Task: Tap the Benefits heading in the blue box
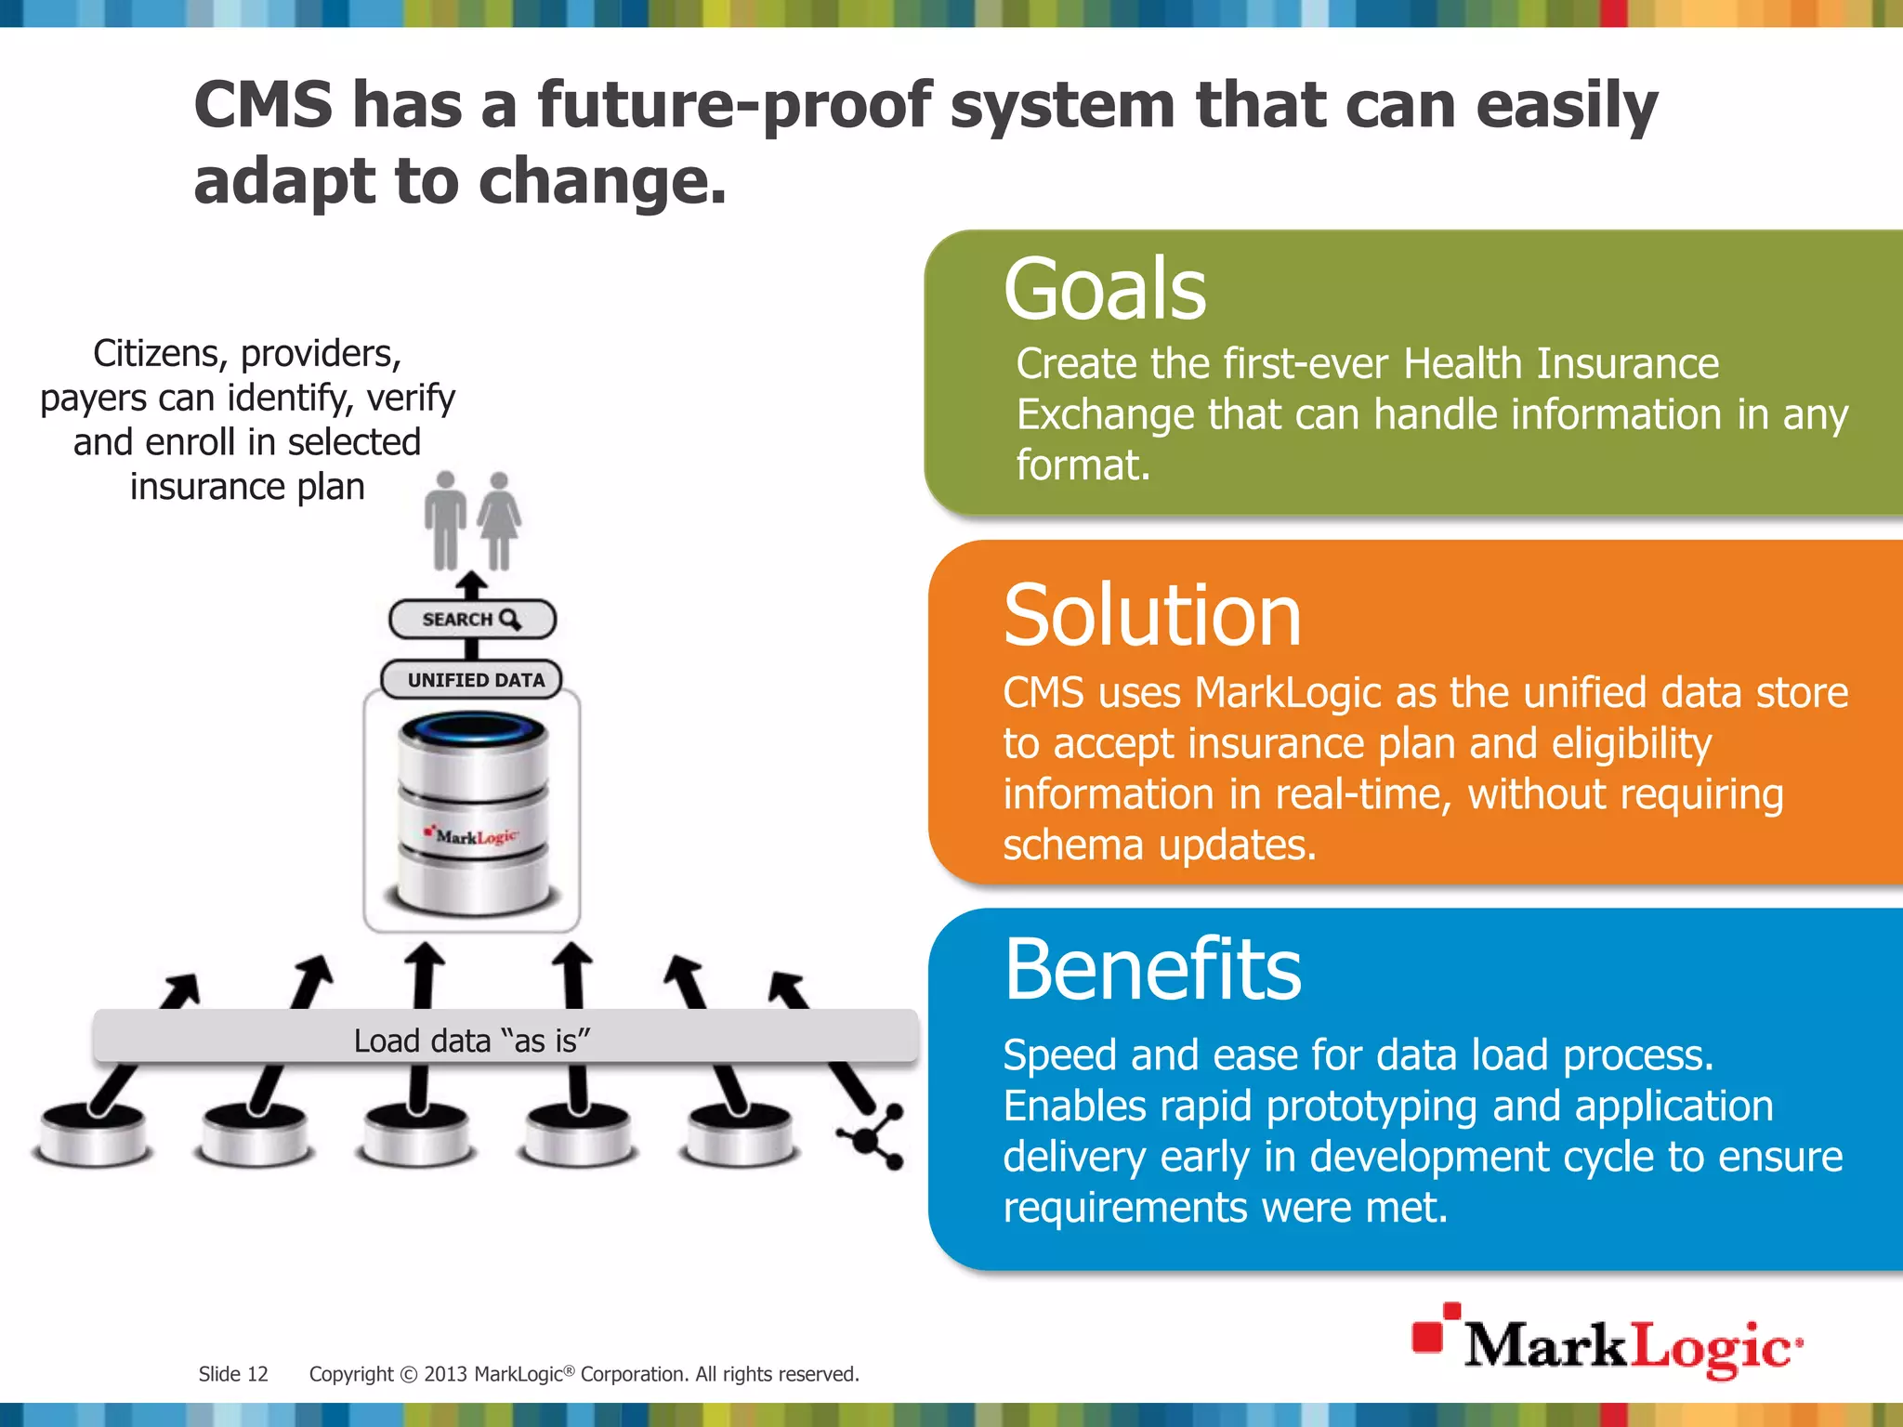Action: pos(1152,970)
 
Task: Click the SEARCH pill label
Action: pos(471,620)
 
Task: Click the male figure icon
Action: pos(446,519)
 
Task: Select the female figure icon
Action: pos(500,519)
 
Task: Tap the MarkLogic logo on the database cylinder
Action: pos(473,836)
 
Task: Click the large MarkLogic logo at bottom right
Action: pos(1608,1343)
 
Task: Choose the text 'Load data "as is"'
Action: pos(472,1041)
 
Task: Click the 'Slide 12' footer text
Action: pos(233,1374)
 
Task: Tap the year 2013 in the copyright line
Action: pos(445,1374)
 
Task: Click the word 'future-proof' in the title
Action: pos(734,105)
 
